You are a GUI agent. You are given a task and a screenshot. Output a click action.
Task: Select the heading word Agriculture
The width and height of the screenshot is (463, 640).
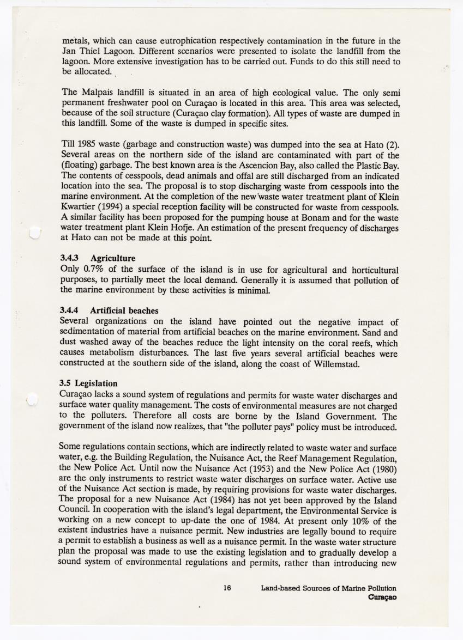[x=113, y=258]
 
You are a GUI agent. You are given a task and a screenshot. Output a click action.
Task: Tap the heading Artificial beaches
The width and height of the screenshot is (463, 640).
[x=124, y=310]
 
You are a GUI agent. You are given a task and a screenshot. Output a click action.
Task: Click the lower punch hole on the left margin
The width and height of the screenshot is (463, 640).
[x=32, y=400]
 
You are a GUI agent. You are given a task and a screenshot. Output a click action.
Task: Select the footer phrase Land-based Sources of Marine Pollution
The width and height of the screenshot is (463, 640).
[x=328, y=588]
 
